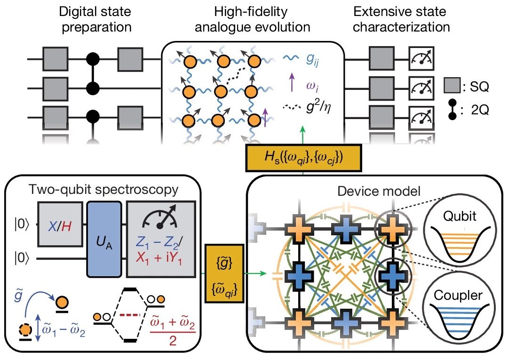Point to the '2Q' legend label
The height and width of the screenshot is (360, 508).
pyautogui.click(x=475, y=112)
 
